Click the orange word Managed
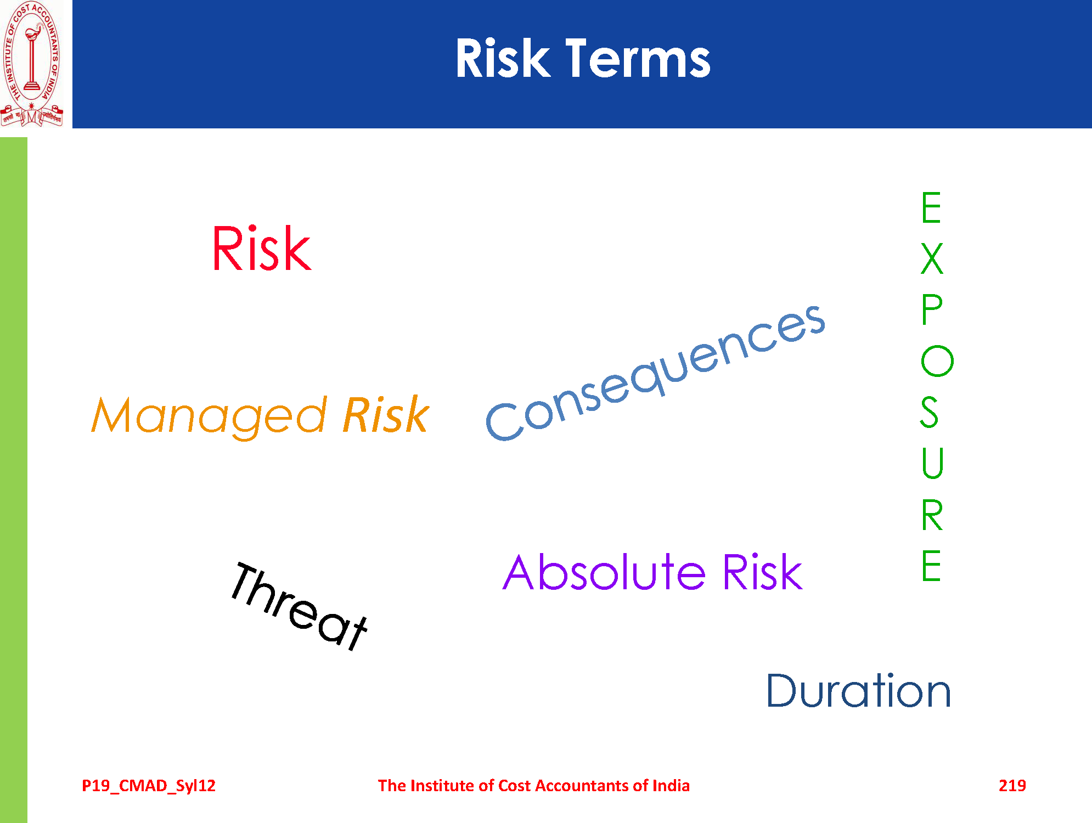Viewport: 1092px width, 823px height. (210, 417)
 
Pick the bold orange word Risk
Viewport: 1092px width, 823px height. (386, 415)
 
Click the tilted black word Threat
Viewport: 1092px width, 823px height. (299, 606)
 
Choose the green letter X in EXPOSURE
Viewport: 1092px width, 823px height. (932, 259)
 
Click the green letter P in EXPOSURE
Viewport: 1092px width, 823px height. (931, 309)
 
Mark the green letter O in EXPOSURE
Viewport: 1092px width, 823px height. (937, 361)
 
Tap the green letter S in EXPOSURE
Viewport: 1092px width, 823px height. (930, 412)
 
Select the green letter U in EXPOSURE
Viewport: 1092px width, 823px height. (932, 463)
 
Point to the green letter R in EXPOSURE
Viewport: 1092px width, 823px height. (932, 515)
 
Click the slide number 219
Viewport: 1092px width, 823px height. (1012, 786)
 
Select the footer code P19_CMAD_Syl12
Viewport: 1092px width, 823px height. (149, 786)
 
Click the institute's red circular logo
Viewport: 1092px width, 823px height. (32, 64)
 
